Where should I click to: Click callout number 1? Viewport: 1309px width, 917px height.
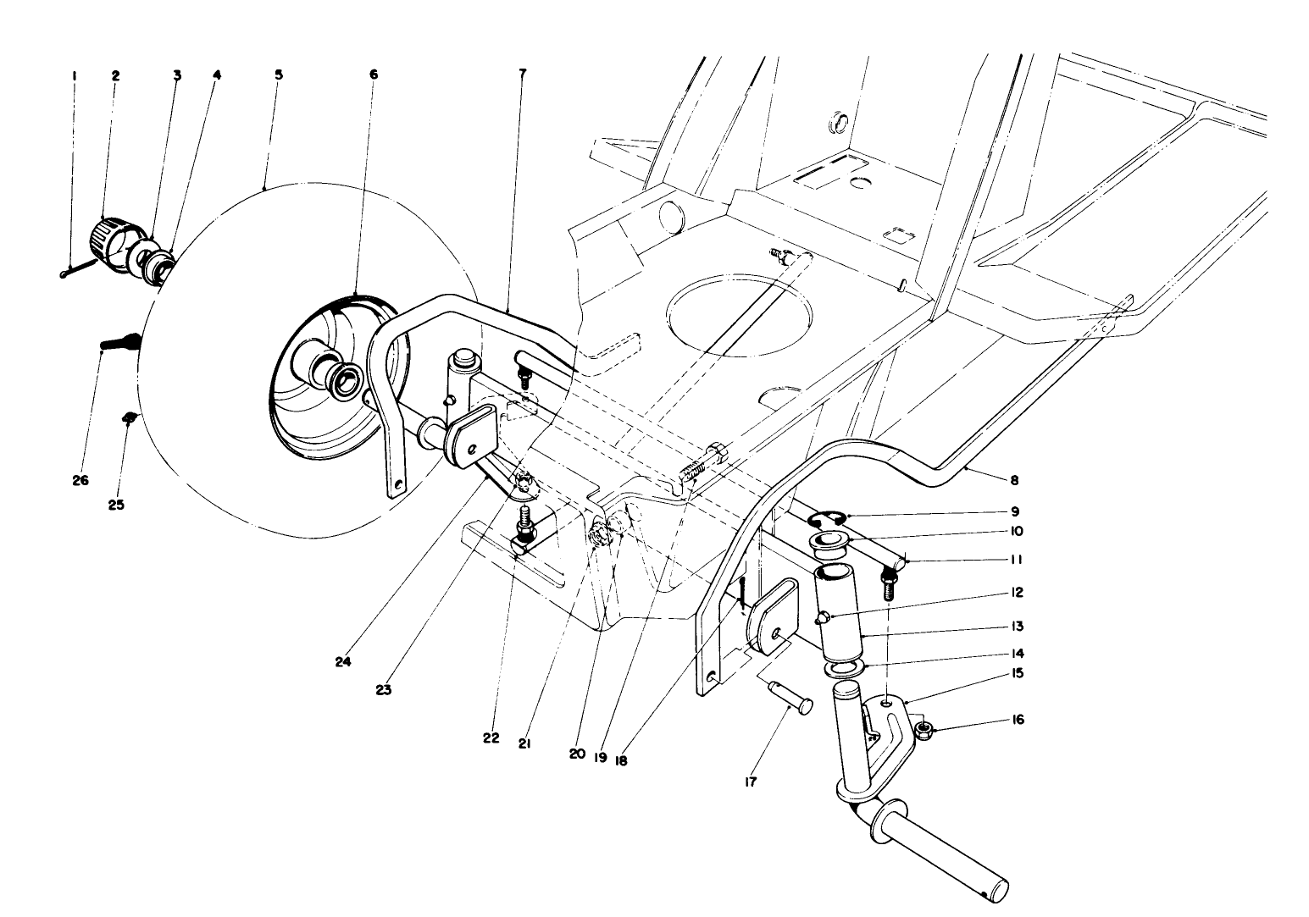coord(74,75)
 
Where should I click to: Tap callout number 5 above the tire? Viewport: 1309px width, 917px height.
coord(278,75)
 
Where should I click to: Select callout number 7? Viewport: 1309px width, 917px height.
coord(522,74)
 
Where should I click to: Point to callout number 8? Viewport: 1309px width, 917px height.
coord(1013,480)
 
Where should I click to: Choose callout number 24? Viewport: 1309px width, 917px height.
coord(342,662)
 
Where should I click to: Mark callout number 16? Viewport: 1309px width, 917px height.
coord(1018,720)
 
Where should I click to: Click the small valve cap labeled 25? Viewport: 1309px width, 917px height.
coord(129,416)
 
